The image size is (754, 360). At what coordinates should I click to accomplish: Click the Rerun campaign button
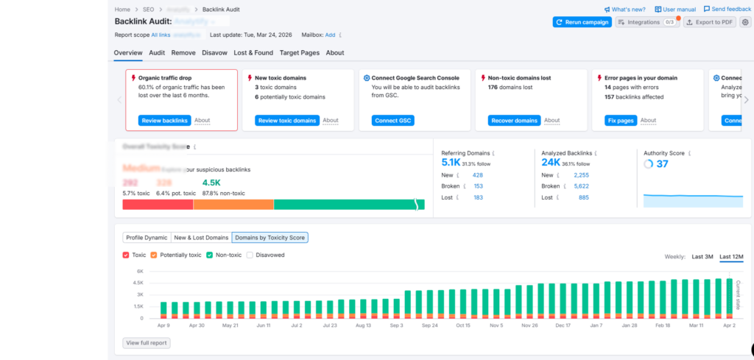tap(582, 22)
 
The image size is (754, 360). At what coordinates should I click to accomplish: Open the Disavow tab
tap(214, 53)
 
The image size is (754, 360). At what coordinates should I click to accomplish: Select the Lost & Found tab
tap(253, 53)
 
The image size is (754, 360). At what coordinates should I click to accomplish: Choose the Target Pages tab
tap(300, 53)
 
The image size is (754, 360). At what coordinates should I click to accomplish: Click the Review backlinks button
tap(164, 121)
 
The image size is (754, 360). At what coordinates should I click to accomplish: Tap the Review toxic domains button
tap(287, 121)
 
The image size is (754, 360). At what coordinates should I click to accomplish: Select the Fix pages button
tap(620, 121)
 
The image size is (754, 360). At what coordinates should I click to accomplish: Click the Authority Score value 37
tap(662, 164)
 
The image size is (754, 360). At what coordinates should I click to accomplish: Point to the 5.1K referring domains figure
tap(451, 163)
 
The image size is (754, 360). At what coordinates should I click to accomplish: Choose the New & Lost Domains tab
tap(201, 238)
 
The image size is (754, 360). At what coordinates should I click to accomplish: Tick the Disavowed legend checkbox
tap(250, 255)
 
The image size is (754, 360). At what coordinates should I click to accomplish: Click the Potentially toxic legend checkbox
tap(154, 255)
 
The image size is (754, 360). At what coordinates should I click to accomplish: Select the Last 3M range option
tap(702, 257)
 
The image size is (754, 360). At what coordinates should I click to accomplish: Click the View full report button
tap(147, 342)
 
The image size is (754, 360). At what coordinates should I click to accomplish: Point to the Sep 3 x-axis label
tap(396, 325)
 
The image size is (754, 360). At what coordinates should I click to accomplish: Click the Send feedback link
tap(727, 9)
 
